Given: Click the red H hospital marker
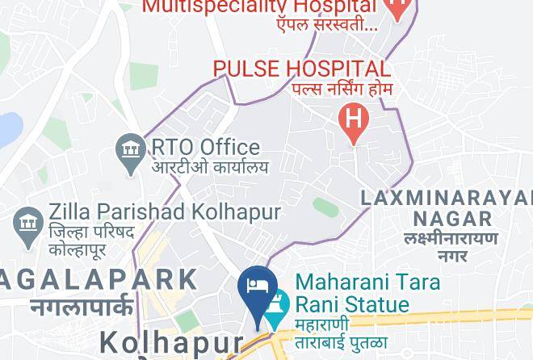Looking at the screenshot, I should click(354, 121).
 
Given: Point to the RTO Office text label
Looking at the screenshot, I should click(204, 147).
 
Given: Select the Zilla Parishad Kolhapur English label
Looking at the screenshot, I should click(164, 212).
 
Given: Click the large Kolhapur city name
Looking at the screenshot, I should click(170, 342).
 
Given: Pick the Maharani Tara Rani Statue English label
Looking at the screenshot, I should click(367, 294).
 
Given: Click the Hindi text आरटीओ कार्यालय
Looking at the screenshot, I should click(209, 168).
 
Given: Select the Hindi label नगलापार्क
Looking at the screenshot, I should click(82, 307).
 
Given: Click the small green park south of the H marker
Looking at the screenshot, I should click(325, 207).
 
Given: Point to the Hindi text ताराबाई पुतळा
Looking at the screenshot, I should click(338, 342).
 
